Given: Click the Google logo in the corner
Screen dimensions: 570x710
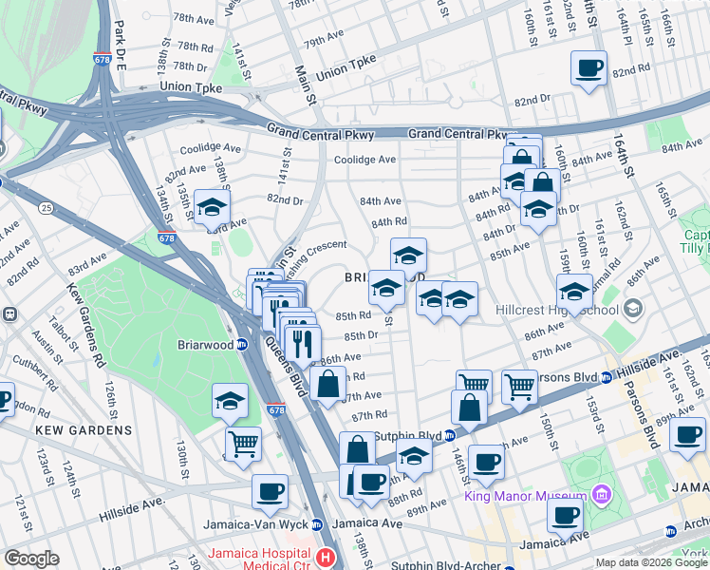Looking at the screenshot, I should pos(31,559).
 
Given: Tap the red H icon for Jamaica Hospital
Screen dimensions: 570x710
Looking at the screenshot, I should pos(327,556).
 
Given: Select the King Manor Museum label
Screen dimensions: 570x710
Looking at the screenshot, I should pos(525,496).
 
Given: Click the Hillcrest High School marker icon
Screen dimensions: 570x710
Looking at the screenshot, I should pos(633,310).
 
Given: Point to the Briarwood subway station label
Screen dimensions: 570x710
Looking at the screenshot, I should pos(202,345).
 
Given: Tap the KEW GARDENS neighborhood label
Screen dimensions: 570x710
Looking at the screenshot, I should pos(83,430).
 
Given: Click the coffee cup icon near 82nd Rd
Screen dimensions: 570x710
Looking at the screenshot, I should pos(589,68).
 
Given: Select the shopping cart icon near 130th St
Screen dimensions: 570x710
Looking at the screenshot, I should pos(243,443).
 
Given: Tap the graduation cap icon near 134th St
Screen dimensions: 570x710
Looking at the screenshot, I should pos(212,207).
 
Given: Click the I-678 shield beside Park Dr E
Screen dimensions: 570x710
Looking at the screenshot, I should pos(102,59).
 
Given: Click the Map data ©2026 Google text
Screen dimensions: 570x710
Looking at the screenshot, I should pos(650,562).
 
